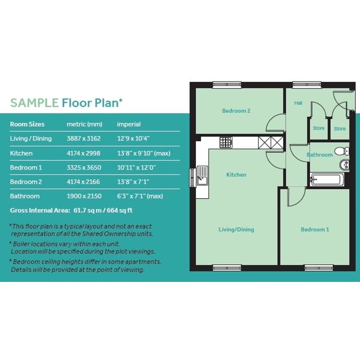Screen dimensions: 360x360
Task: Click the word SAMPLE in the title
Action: pos(34,103)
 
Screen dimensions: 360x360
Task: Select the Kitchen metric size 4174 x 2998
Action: pos(83,153)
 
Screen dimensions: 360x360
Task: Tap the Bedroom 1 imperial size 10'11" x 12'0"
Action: pos(136,167)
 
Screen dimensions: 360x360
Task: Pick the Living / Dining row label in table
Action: pos(31,138)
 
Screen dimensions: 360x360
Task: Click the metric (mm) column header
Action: pos(84,124)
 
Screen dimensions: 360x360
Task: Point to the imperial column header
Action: pos(129,124)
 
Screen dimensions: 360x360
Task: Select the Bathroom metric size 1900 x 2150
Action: pos(84,196)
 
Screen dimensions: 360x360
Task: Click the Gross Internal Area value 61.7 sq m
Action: pos(88,210)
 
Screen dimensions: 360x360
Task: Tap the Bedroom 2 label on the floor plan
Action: pos(236,110)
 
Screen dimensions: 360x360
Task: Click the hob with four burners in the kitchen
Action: pos(226,142)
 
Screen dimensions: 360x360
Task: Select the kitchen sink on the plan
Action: pos(202,176)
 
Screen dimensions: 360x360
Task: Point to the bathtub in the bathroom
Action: pos(327,179)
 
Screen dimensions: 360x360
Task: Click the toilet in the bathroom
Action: pos(342,151)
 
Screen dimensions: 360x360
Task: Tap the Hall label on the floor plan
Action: pos(298,103)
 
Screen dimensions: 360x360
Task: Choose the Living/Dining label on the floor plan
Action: pos(236,229)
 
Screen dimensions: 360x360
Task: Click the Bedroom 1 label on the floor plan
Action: pos(315,229)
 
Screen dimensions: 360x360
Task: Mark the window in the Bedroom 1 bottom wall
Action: pos(319,268)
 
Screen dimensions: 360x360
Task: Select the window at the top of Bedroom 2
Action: pos(227,85)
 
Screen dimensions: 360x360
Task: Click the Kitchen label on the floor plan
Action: pos(236,175)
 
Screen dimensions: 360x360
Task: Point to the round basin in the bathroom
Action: pos(344,165)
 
